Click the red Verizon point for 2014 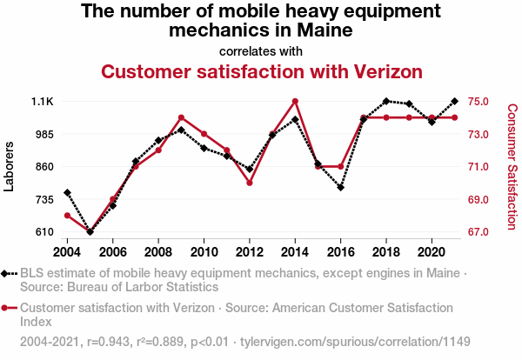pyautogui.click(x=295, y=102)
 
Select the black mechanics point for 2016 pyautogui.click(x=340, y=187)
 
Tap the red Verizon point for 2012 pyautogui.click(x=250, y=183)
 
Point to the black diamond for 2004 pyautogui.click(x=68, y=192)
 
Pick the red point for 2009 pyautogui.click(x=181, y=117)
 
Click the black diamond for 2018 pyautogui.click(x=386, y=102)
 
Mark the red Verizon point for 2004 pyautogui.click(x=68, y=216)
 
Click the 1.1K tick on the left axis pyautogui.click(x=42, y=102)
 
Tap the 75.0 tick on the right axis pyautogui.click(x=479, y=102)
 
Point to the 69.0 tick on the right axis pyautogui.click(x=479, y=199)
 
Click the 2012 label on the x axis pyautogui.click(x=250, y=251)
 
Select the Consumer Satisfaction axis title pyautogui.click(x=512, y=166)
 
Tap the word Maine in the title pyautogui.click(x=322, y=30)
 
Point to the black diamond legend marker pyautogui.click(x=9, y=273)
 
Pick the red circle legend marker pyautogui.click(x=9, y=308)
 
